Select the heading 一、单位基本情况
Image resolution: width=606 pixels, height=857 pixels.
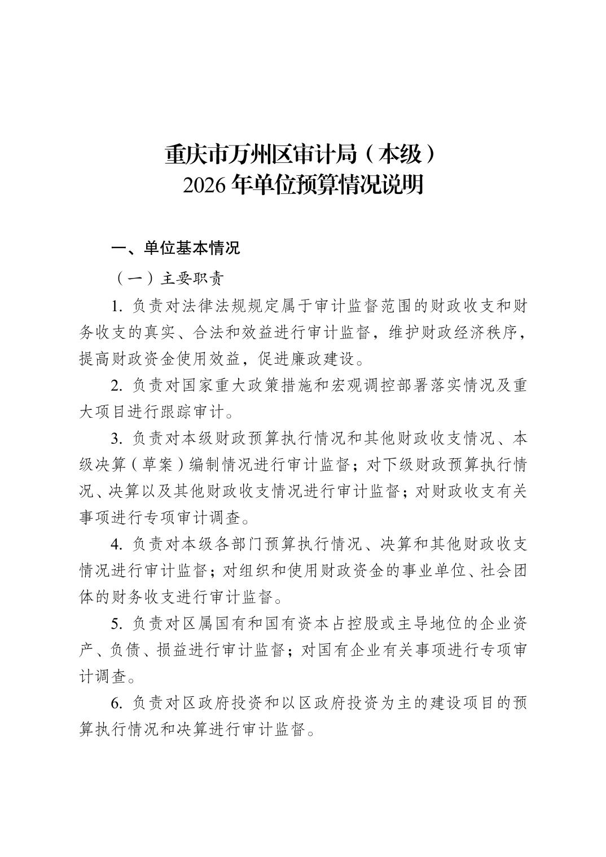coord(175,248)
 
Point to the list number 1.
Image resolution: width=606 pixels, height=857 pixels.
coord(117,306)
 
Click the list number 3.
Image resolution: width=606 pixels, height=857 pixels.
coord(117,438)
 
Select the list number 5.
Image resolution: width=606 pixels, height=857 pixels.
coord(117,624)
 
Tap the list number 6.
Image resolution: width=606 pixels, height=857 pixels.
coord(117,703)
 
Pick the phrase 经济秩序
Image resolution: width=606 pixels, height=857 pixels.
coord(489,333)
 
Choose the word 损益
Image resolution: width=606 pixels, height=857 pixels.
coord(169,650)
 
